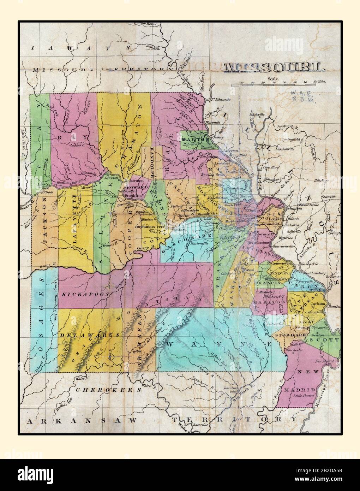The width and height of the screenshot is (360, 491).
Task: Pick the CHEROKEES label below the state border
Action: click(108, 390)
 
